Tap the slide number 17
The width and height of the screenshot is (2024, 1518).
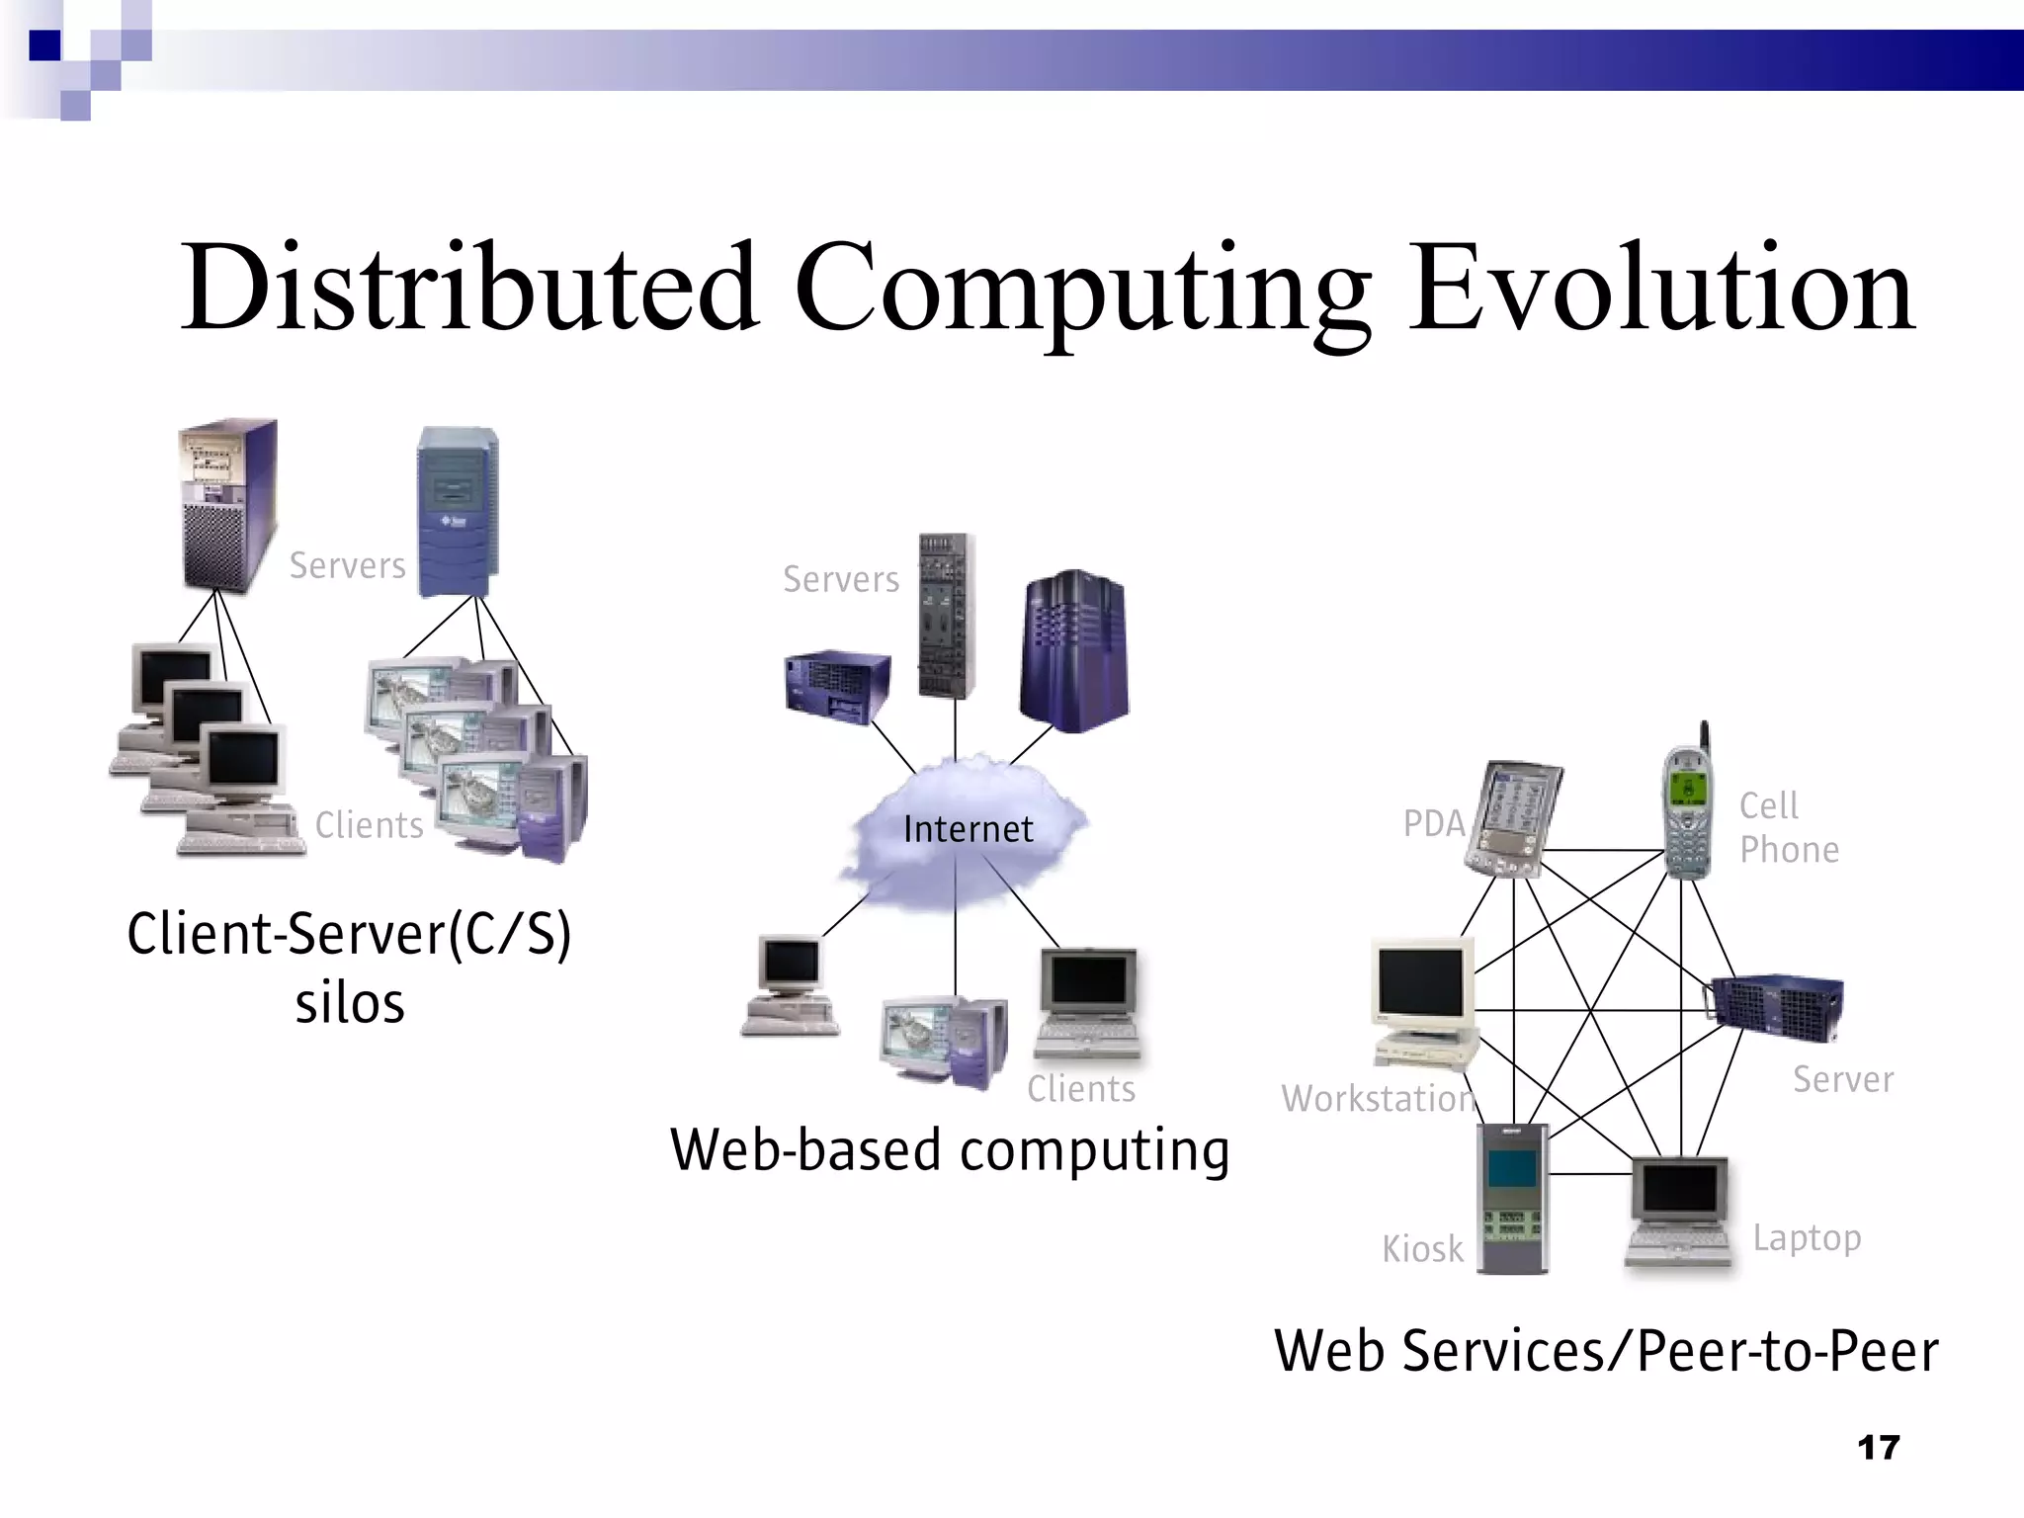tap(1878, 1448)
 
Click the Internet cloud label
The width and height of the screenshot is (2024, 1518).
tap(968, 829)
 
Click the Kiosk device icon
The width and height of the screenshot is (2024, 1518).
tap(1512, 1198)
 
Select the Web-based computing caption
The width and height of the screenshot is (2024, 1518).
tap(950, 1150)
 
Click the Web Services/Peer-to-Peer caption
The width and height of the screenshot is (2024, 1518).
tap(1606, 1351)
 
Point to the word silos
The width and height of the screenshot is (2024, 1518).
tap(350, 1004)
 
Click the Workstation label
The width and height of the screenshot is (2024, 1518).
tap(1378, 1098)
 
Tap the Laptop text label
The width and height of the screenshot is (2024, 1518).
tap(1807, 1237)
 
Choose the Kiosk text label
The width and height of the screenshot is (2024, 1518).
tap(1422, 1249)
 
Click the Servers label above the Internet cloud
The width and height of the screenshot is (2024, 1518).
tap(841, 579)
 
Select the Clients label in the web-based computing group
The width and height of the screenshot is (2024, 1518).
tap(1081, 1088)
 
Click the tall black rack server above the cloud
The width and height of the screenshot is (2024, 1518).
tap(947, 615)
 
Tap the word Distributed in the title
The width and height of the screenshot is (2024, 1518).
tap(469, 289)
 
